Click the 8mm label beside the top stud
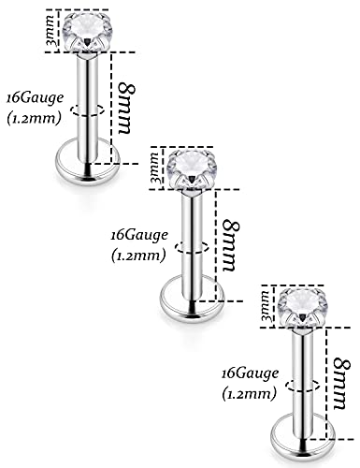[129, 98]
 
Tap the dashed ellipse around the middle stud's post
[191, 248]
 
